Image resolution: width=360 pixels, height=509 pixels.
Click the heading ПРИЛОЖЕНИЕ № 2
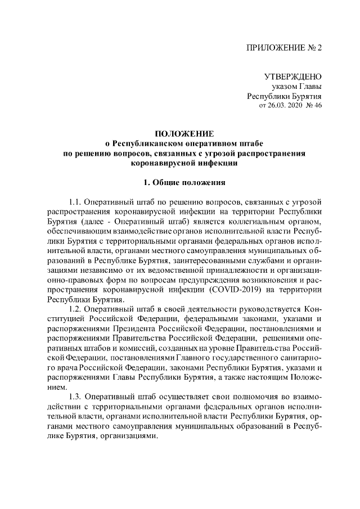click(x=285, y=48)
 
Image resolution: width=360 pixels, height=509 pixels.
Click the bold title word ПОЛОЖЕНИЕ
click(x=184, y=134)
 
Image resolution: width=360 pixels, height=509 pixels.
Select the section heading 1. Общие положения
click(x=184, y=182)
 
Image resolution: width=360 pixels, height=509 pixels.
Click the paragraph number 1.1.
click(x=75, y=201)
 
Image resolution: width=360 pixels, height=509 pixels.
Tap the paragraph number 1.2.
click(x=75, y=309)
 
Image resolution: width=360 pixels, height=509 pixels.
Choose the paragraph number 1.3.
click(x=75, y=397)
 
